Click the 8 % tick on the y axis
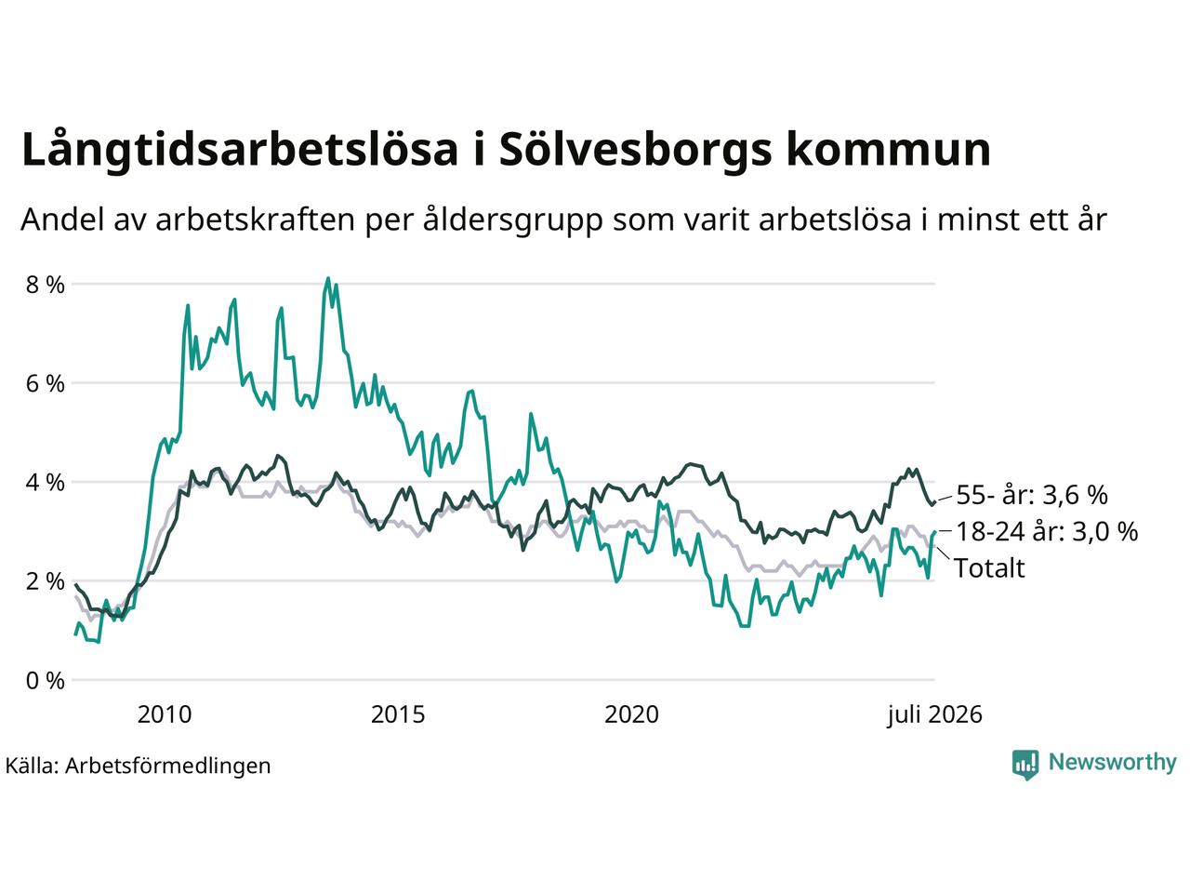(45, 285)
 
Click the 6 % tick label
(45, 384)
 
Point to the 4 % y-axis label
(45, 483)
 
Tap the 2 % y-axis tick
(45, 581)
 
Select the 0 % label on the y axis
(45, 681)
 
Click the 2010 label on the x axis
(165, 714)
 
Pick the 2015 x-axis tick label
(398, 714)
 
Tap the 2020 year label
(631, 714)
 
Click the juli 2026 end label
(934, 714)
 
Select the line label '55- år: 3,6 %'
(1032, 495)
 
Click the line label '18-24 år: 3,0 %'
(1047, 531)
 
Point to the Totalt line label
(989, 568)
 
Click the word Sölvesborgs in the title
(635, 150)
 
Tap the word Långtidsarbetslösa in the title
(240, 150)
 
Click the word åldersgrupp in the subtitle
(512, 220)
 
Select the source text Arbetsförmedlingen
(168, 766)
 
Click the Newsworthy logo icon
(1025, 764)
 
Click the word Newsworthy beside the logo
(1113, 762)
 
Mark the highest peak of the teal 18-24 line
(327, 278)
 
